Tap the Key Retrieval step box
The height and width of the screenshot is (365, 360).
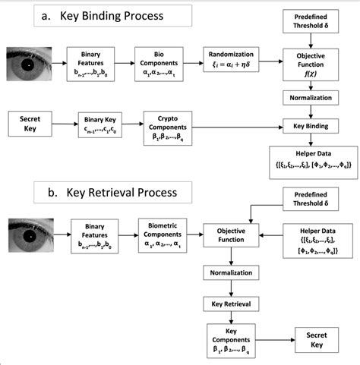tap(232, 304)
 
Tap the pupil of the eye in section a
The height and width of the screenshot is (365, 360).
tap(28, 64)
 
